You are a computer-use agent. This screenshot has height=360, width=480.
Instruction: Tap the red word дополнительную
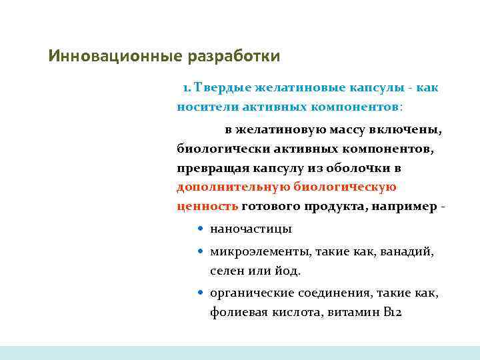tap(229, 187)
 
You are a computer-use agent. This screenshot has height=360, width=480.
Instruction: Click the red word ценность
tap(207, 206)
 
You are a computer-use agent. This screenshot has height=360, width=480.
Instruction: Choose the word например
tap(407, 206)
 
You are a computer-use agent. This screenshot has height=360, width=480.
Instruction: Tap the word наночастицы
tap(251, 229)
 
